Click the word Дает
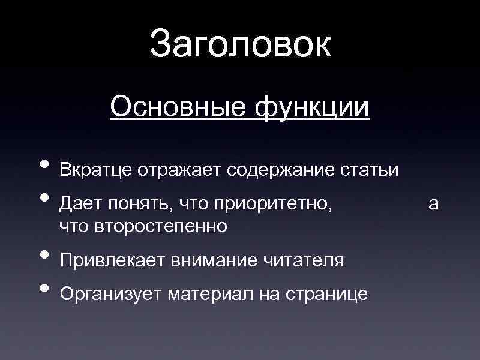click(80, 204)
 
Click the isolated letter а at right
click(433, 204)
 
